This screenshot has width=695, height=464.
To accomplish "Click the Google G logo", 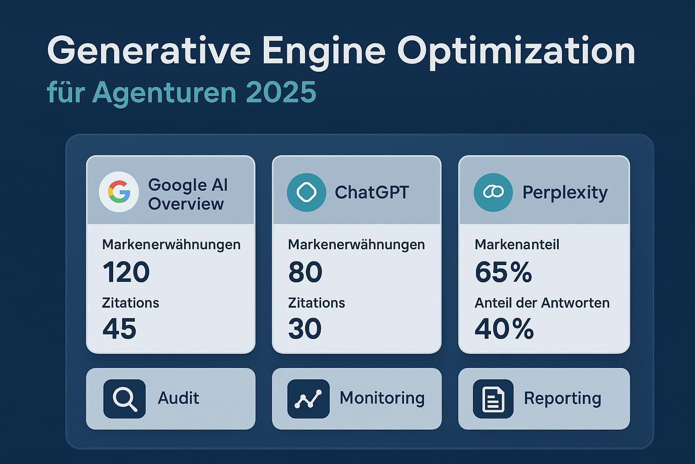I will pyautogui.click(x=119, y=192).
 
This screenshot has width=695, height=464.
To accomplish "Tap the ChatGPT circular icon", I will pyautogui.click(x=306, y=192).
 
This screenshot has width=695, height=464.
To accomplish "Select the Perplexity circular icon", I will pyautogui.click(x=493, y=192).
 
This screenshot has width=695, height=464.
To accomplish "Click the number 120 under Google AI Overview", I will pyautogui.click(x=126, y=272).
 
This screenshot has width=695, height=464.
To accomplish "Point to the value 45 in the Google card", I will pyautogui.click(x=119, y=329).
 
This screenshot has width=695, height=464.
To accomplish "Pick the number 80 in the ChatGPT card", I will pyautogui.click(x=305, y=272).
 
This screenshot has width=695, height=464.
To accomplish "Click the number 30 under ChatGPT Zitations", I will pyautogui.click(x=305, y=329).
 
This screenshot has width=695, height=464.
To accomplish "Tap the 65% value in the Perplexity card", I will pyautogui.click(x=503, y=272).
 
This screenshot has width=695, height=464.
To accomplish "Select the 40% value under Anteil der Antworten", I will pyautogui.click(x=504, y=329).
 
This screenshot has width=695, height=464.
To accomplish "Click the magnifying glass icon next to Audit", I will pyautogui.click(x=124, y=399).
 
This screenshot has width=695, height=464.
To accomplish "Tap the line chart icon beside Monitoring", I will pyautogui.click(x=308, y=399).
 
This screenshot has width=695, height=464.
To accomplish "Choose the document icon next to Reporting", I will pyautogui.click(x=493, y=399).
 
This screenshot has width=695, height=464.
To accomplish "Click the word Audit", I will pyautogui.click(x=178, y=398).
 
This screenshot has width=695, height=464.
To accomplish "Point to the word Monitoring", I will pyautogui.click(x=382, y=398).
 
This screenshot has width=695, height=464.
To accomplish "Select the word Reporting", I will pyautogui.click(x=562, y=398).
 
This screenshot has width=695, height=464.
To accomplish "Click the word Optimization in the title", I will pyautogui.click(x=516, y=51).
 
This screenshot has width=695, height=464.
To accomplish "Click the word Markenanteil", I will pyautogui.click(x=517, y=245).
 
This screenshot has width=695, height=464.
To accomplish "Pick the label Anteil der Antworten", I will pyautogui.click(x=542, y=303).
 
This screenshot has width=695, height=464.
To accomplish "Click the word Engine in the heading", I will pyautogui.click(x=324, y=51).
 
